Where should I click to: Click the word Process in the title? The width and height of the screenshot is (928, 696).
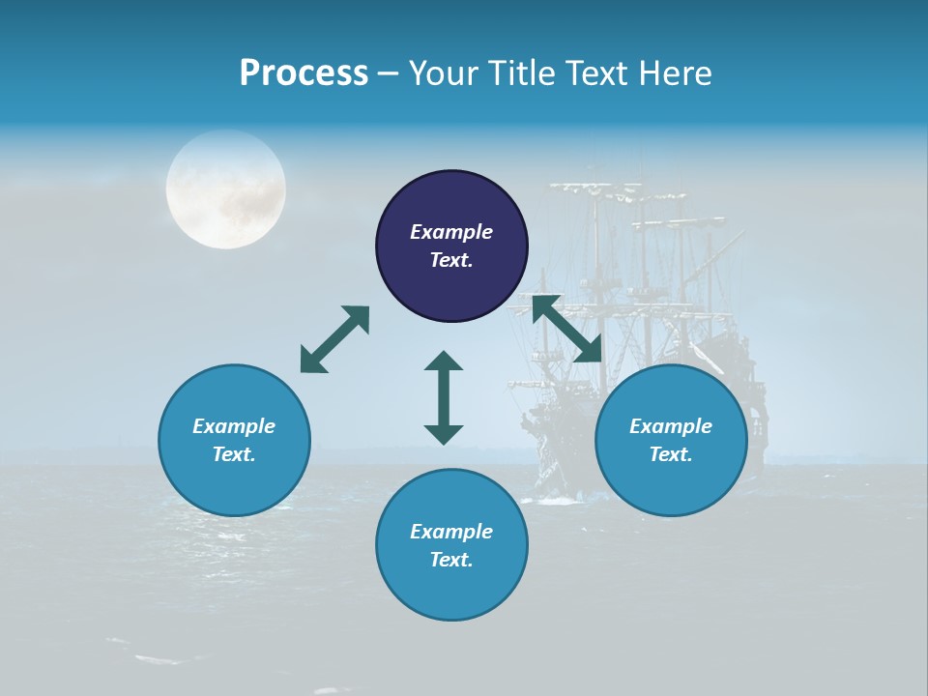[x=304, y=73]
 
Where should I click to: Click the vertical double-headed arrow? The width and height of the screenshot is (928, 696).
[x=444, y=397]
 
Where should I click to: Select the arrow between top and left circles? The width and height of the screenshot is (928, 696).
[x=335, y=338]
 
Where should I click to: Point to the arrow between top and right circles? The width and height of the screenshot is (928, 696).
[x=567, y=329]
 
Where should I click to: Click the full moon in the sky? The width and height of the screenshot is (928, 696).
[x=225, y=189]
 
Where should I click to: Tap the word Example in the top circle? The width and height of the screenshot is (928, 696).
[x=451, y=232]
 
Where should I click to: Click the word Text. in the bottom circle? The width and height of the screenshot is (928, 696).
[x=451, y=560]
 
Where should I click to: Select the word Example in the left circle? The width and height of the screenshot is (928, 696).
[x=234, y=426]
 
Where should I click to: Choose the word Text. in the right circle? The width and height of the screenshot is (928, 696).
[x=671, y=454]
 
